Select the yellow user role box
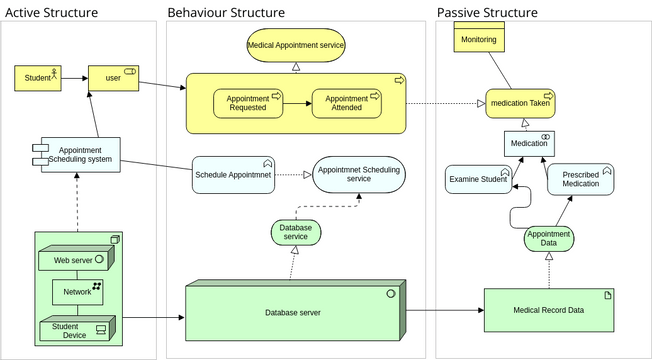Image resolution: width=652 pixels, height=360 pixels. click(113, 77)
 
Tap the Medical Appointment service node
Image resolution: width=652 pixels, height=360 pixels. click(295, 45)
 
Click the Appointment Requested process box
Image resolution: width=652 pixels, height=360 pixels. click(247, 104)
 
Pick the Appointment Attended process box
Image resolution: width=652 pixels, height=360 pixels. click(347, 104)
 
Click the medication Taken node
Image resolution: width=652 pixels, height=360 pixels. click(520, 102)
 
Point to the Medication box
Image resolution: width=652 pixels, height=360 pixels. click(529, 143)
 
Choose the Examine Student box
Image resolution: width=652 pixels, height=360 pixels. click(478, 179)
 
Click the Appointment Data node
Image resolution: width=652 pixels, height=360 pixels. click(548, 239)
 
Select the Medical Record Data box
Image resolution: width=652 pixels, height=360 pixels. click(548, 311)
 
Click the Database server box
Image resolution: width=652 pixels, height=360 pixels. click(294, 313)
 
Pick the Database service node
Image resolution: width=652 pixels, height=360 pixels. click(295, 232)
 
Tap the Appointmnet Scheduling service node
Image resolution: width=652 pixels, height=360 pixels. click(358, 174)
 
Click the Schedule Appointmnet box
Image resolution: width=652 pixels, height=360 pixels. click(233, 174)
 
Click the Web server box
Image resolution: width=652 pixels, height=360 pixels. click(76, 261)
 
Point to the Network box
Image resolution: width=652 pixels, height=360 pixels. click(77, 292)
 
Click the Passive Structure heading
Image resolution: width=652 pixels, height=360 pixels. click(487, 13)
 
